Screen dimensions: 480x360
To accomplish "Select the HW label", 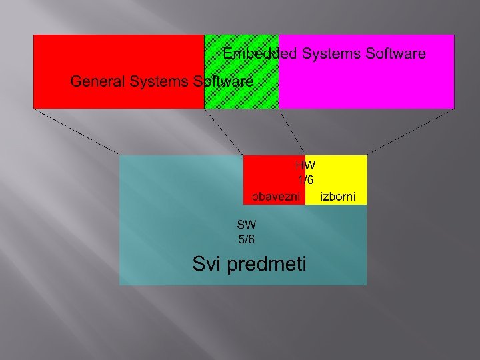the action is [306, 165].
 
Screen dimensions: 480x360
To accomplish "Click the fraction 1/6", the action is [306, 180].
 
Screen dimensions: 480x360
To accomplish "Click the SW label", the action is [246, 224].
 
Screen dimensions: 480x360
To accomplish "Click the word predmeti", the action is [267, 265].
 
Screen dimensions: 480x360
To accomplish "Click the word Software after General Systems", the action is [223, 81].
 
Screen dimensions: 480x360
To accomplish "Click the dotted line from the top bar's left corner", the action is [77, 132].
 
